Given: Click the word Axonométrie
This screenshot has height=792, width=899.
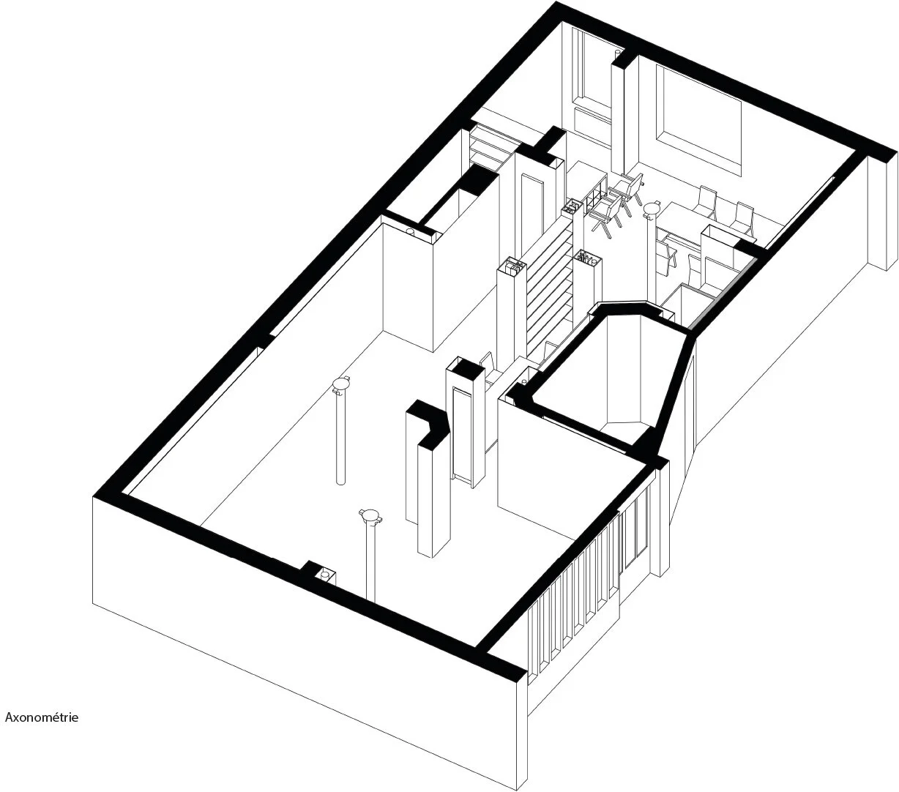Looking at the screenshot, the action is [x=42, y=717].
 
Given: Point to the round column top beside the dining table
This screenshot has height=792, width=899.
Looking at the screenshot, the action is [x=651, y=210].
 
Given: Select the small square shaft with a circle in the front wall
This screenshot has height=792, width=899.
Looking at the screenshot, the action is [x=323, y=575].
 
